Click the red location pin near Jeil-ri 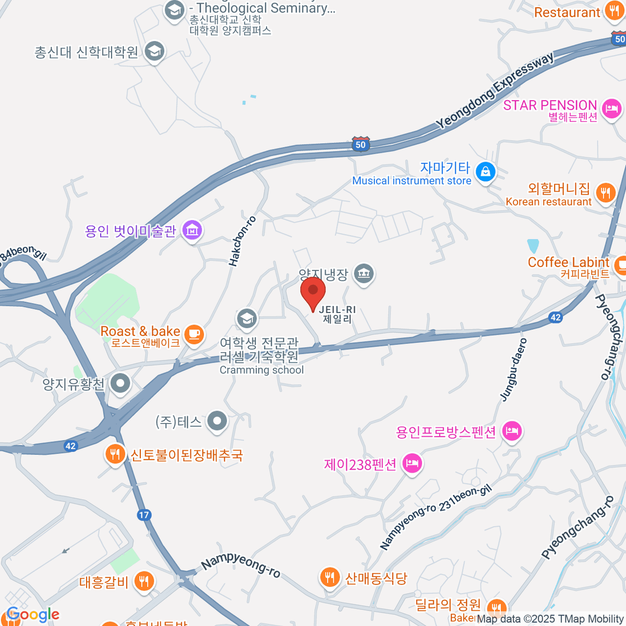click(313, 292)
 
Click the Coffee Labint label click(569, 262)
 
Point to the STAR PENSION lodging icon click(611, 109)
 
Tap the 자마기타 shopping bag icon click(486, 172)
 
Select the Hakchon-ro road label click(243, 241)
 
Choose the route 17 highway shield click(144, 515)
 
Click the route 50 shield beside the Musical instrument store click(360, 144)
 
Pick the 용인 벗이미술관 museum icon click(192, 231)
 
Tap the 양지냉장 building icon click(364, 273)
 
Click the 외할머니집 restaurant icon click(605, 192)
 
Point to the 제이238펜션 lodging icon click(412, 463)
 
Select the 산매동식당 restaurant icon click(329, 577)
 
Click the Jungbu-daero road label click(514, 369)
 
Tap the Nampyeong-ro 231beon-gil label click(436, 517)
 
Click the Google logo click(33, 615)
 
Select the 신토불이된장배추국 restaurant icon click(114, 454)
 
